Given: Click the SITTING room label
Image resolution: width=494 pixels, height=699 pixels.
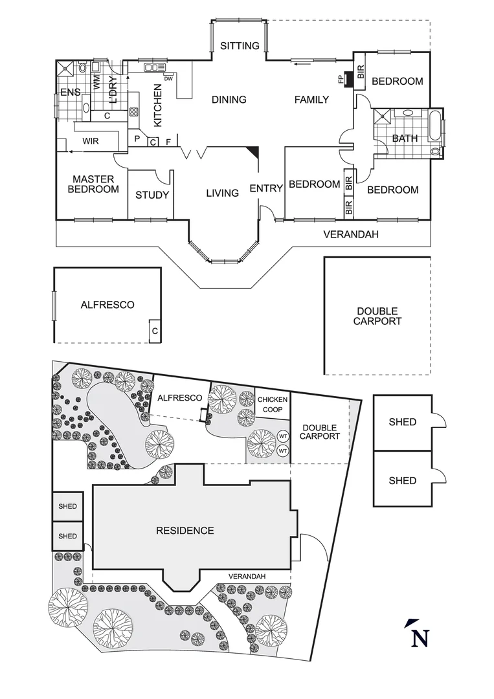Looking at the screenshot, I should pos(239,46).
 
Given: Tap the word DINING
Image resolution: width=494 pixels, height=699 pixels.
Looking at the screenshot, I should pos(229,100).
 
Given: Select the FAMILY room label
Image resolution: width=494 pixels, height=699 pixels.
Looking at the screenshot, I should pos(311,100).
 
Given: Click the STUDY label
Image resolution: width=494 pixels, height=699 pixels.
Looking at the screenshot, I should pos(152,195).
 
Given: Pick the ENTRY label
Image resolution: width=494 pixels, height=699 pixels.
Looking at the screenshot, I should pos(266,188).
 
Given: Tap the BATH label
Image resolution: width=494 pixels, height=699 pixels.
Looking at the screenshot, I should pos(405,138).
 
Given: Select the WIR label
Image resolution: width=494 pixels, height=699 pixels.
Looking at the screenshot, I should pos(90,140).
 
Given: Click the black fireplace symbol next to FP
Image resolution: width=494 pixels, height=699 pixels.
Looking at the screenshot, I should pos(348,79).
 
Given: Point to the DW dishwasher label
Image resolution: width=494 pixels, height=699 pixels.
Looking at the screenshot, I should pos(168,79).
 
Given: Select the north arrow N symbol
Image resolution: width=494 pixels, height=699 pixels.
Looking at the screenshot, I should pos(419,635).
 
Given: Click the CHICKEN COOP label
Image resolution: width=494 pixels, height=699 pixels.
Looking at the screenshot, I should pos(272,405).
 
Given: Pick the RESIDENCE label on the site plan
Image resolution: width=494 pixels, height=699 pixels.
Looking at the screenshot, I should pos(185,531).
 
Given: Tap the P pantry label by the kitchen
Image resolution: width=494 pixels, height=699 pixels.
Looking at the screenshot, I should pos(137,139).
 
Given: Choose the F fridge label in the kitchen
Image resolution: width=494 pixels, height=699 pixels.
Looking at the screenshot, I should pos(168,140).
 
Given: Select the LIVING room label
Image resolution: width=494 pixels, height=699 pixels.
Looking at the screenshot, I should pos(223,193).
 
